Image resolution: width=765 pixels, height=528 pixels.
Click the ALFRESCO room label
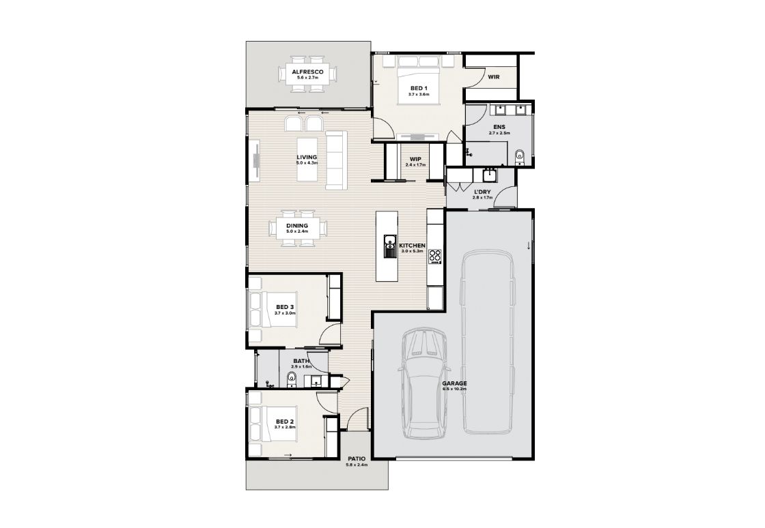pos(307,72)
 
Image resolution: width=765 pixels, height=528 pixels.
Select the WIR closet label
pos(493,77)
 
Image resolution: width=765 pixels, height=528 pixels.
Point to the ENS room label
pos(499,127)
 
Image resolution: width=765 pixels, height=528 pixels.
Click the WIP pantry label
pos(415,159)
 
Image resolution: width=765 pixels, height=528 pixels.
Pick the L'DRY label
pos(482,192)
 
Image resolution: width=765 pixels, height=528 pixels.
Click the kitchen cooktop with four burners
pos(434,256)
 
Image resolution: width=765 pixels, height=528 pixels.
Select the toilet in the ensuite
pos(519,157)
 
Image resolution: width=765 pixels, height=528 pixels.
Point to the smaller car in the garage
pos(423,383)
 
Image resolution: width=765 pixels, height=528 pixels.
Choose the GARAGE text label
pos(455,383)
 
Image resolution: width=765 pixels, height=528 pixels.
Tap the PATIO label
pos(357,459)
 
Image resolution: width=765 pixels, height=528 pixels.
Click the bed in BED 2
pos(273,424)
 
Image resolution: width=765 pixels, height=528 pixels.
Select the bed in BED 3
pos(273,309)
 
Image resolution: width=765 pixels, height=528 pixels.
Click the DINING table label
pos(297,226)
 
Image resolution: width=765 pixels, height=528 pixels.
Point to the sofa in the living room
pos(337,160)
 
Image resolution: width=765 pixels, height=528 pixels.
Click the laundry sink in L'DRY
pos(488,174)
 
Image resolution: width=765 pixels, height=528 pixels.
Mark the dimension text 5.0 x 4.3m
pos(307,162)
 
